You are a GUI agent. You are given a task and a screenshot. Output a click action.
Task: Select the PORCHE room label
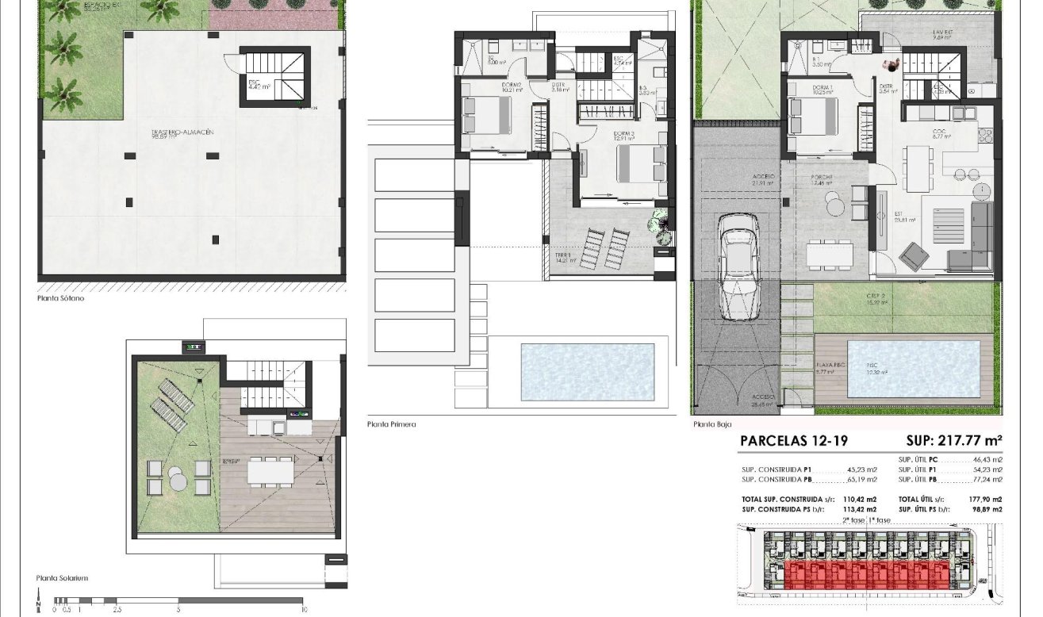tap(820, 177)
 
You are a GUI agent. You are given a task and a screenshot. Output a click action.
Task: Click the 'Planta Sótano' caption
tap(60, 299)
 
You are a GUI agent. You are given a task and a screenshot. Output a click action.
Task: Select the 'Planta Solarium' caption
tap(62, 578)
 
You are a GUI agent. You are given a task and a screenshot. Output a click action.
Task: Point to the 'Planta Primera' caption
tap(391, 424)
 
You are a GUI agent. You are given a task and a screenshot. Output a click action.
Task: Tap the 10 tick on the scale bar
tap(304, 609)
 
